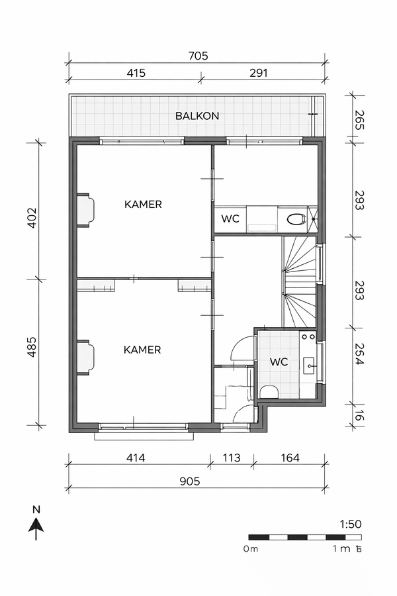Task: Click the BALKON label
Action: click(197, 116)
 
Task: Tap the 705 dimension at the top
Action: click(198, 56)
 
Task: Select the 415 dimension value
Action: click(136, 73)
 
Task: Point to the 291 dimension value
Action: click(259, 73)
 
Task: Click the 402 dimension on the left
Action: click(32, 217)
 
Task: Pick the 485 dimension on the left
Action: click(32, 346)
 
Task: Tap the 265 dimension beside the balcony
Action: click(359, 120)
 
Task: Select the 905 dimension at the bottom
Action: click(190, 481)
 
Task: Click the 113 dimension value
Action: click(232, 458)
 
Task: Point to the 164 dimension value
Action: click(290, 458)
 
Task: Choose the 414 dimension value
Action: click(136, 458)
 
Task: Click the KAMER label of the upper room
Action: click(143, 205)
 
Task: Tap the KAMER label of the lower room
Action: click(142, 350)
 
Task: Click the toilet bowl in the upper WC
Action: click(296, 219)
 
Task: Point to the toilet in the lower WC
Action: click(269, 392)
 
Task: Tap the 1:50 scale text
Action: click(351, 524)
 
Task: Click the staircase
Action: click(299, 281)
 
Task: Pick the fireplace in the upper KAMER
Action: click(85, 210)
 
